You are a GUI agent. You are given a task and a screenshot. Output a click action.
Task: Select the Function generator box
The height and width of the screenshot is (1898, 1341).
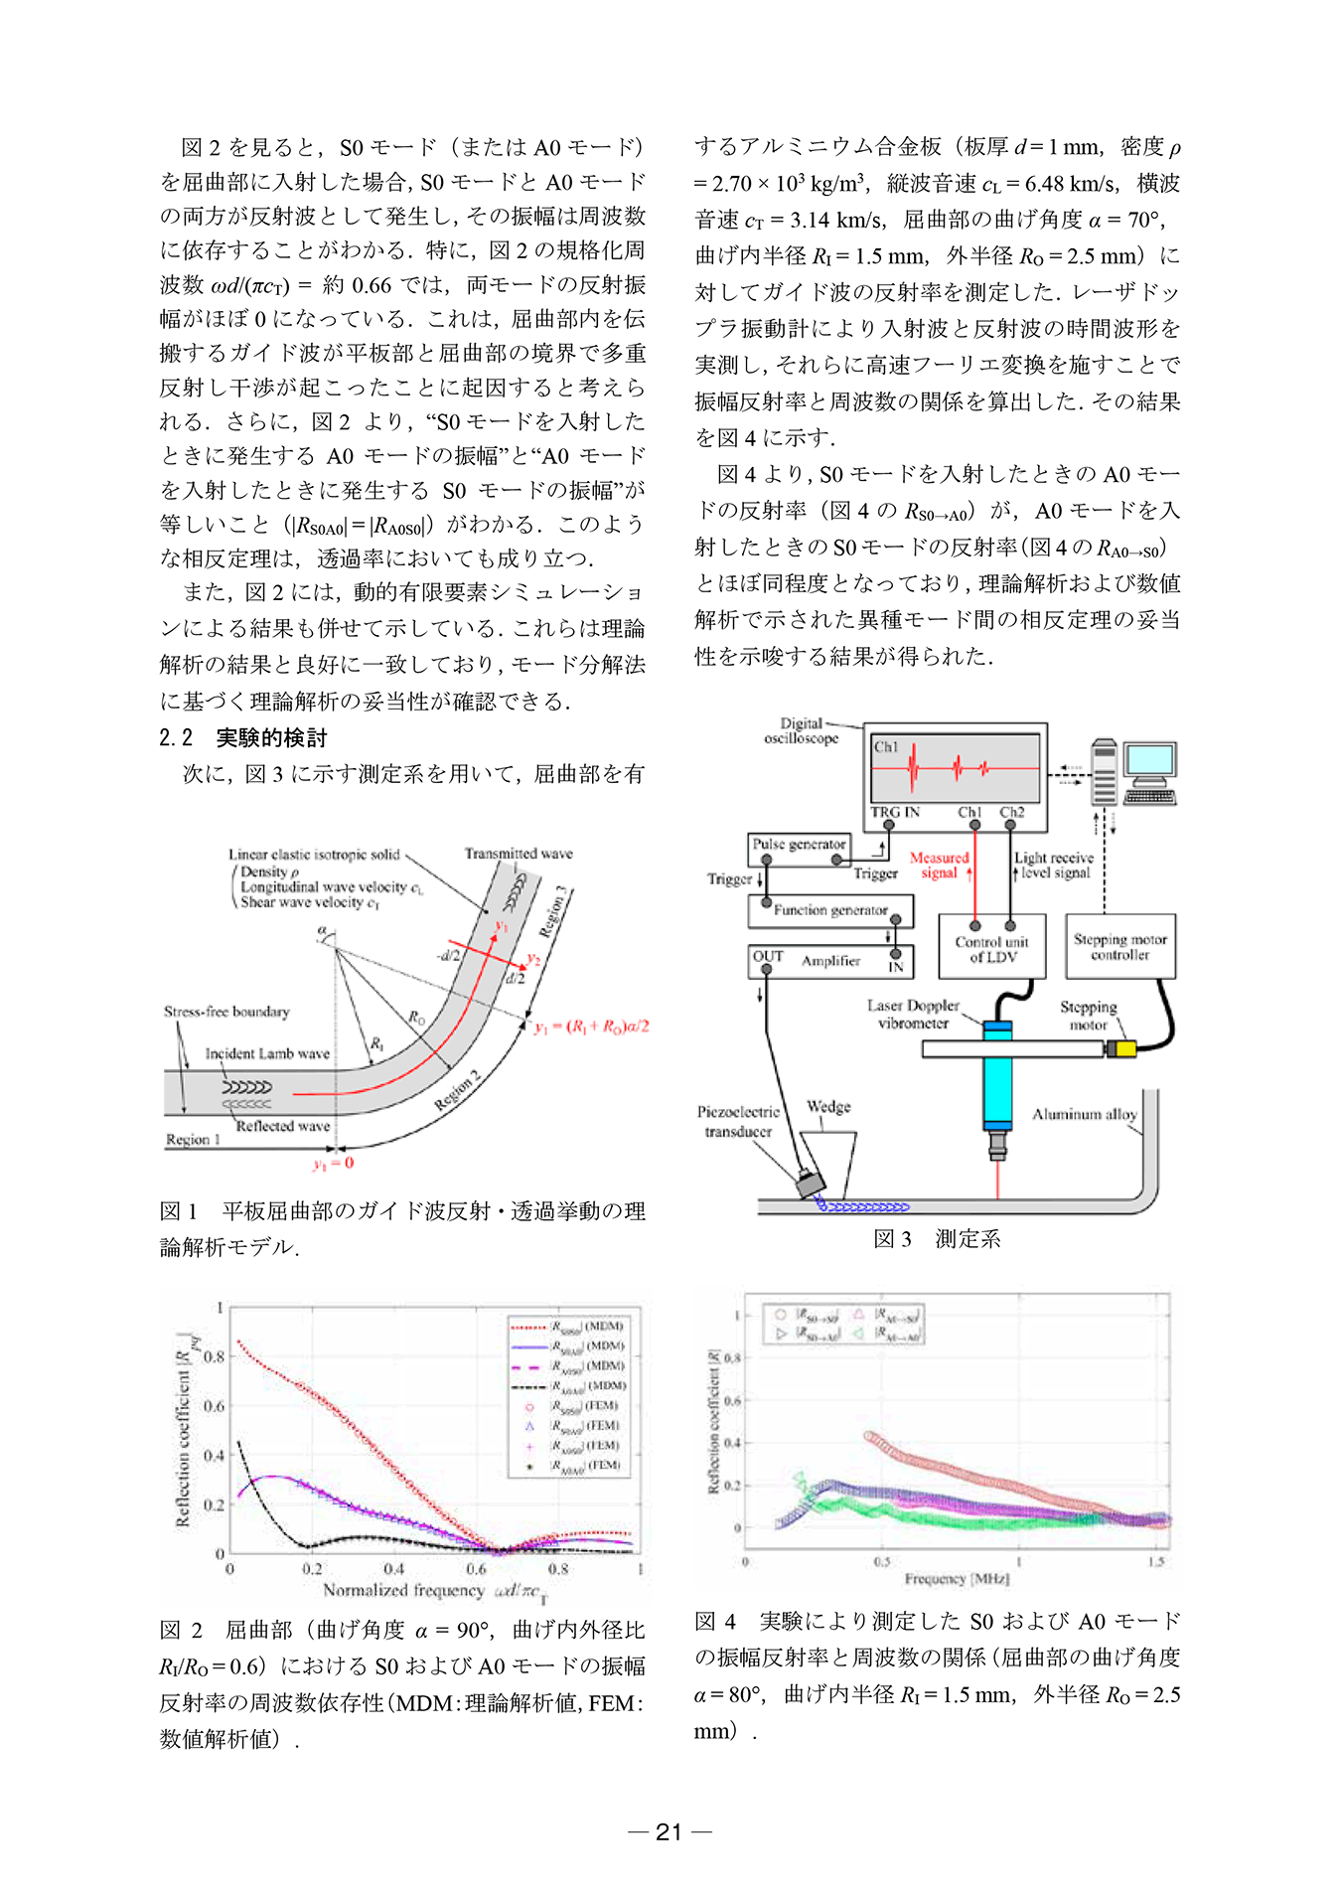[830, 910]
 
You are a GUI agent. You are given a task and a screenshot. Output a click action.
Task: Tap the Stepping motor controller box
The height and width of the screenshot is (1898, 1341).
[1119, 947]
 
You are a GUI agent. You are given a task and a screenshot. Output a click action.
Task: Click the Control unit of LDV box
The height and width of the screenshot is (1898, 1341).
[991, 949]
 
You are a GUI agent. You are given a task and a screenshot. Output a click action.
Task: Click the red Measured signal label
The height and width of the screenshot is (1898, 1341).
[939, 865]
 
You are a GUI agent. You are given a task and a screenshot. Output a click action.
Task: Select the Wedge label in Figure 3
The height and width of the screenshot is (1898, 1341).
[828, 1107]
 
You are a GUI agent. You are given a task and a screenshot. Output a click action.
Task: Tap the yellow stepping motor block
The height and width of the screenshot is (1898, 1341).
[1121, 1048]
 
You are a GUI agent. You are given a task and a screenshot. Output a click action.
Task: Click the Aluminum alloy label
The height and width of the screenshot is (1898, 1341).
[1084, 1115]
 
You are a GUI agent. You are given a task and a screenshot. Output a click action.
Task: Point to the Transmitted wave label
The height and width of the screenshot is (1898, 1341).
[518, 854]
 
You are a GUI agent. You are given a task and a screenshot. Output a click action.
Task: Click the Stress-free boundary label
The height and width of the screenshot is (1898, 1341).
[226, 1012]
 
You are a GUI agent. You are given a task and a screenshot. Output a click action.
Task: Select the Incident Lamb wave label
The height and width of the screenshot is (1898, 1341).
[267, 1053]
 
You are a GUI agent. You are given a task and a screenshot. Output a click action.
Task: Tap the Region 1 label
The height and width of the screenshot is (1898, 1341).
[193, 1140]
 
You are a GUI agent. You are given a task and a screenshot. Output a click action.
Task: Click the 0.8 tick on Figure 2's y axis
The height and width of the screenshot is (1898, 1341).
[214, 1356]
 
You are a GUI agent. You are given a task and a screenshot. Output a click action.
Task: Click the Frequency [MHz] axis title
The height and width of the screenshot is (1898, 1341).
[957, 1578]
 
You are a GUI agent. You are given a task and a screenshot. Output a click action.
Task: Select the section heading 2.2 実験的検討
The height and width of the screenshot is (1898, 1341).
[243, 737]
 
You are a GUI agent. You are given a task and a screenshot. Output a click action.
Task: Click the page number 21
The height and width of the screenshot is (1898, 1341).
[670, 1832]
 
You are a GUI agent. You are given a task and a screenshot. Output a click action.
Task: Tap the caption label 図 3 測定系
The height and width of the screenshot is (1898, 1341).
[937, 1239]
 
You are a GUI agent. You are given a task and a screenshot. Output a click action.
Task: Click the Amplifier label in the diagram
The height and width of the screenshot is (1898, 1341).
[830, 961]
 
